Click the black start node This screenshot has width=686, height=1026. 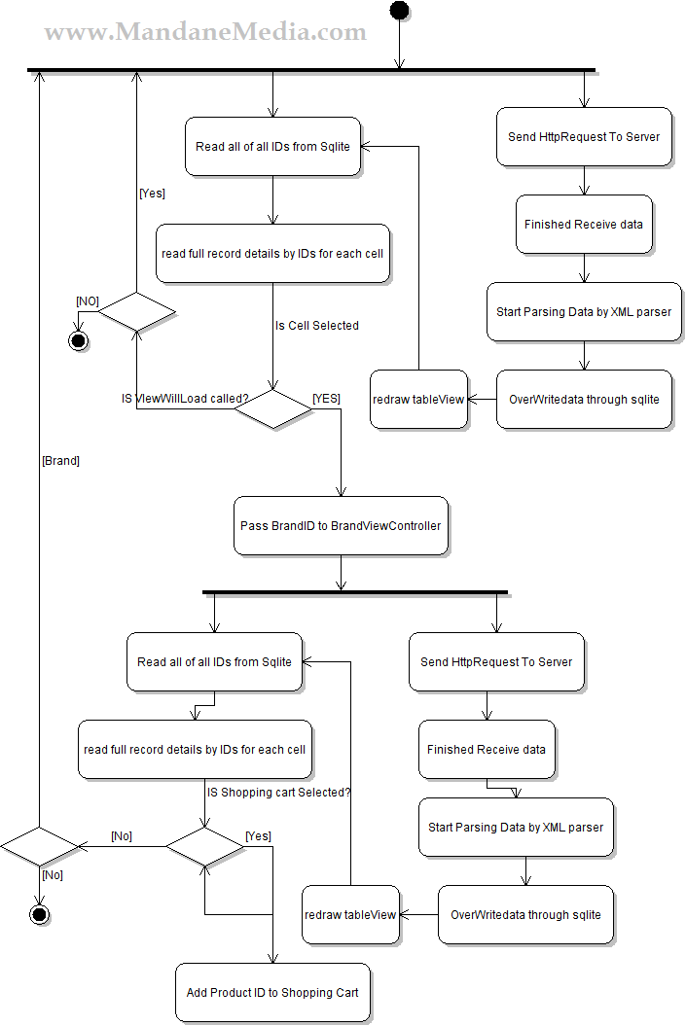[x=399, y=11]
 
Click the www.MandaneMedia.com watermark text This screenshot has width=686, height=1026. [x=205, y=32]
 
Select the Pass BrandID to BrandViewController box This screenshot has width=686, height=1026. [x=341, y=526]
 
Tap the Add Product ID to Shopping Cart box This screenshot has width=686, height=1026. [x=272, y=993]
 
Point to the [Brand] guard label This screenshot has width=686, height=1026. [x=60, y=461]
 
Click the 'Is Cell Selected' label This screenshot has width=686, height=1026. [x=317, y=326]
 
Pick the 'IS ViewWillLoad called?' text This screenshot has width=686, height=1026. [x=185, y=399]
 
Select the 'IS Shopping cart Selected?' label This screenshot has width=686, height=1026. [x=278, y=793]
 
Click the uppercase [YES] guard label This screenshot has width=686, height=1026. [x=326, y=399]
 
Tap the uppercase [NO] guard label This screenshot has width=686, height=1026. [x=88, y=301]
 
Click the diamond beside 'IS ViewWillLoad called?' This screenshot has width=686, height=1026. [x=272, y=408]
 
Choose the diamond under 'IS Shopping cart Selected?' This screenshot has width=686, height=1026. [x=204, y=846]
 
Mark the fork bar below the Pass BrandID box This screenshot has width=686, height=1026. [x=355, y=592]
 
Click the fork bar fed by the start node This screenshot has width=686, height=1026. [x=311, y=70]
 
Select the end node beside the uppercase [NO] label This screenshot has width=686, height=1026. [x=78, y=340]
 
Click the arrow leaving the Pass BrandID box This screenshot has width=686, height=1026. [x=341, y=573]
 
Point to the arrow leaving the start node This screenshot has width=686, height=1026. [x=399, y=44]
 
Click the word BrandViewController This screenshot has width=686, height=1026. [x=385, y=526]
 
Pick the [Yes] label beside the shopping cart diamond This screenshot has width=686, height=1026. [x=258, y=836]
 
